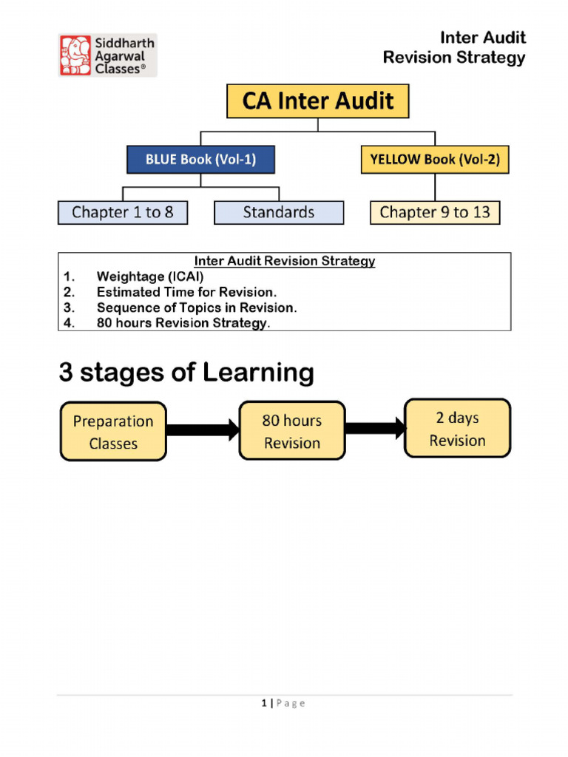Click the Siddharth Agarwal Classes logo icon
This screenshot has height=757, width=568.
[75, 55]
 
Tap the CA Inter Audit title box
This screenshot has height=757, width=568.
[317, 101]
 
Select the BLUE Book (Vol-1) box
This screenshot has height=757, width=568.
[200, 160]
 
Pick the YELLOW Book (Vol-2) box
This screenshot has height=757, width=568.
[435, 160]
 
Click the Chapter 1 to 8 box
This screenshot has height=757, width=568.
[123, 213]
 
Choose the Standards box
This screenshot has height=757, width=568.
[279, 213]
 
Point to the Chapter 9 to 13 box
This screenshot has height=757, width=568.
[435, 213]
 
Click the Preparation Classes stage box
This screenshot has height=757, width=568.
[113, 432]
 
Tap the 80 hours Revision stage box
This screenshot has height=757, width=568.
[292, 431]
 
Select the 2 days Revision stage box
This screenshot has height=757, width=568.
[457, 429]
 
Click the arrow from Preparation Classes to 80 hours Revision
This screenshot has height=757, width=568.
[203, 429]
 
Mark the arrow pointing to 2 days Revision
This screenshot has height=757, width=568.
[375, 428]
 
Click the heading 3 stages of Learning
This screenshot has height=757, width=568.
[186, 373]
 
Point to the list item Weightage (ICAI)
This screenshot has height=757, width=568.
[150, 276]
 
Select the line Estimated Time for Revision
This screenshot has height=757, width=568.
[186, 292]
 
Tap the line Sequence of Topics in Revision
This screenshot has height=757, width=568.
[197, 308]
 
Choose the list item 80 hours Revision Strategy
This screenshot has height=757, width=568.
[183, 323]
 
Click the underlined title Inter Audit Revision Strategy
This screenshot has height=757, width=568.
[285, 261]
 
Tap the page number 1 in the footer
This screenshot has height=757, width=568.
[263, 703]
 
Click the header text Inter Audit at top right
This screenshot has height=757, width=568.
[483, 38]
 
